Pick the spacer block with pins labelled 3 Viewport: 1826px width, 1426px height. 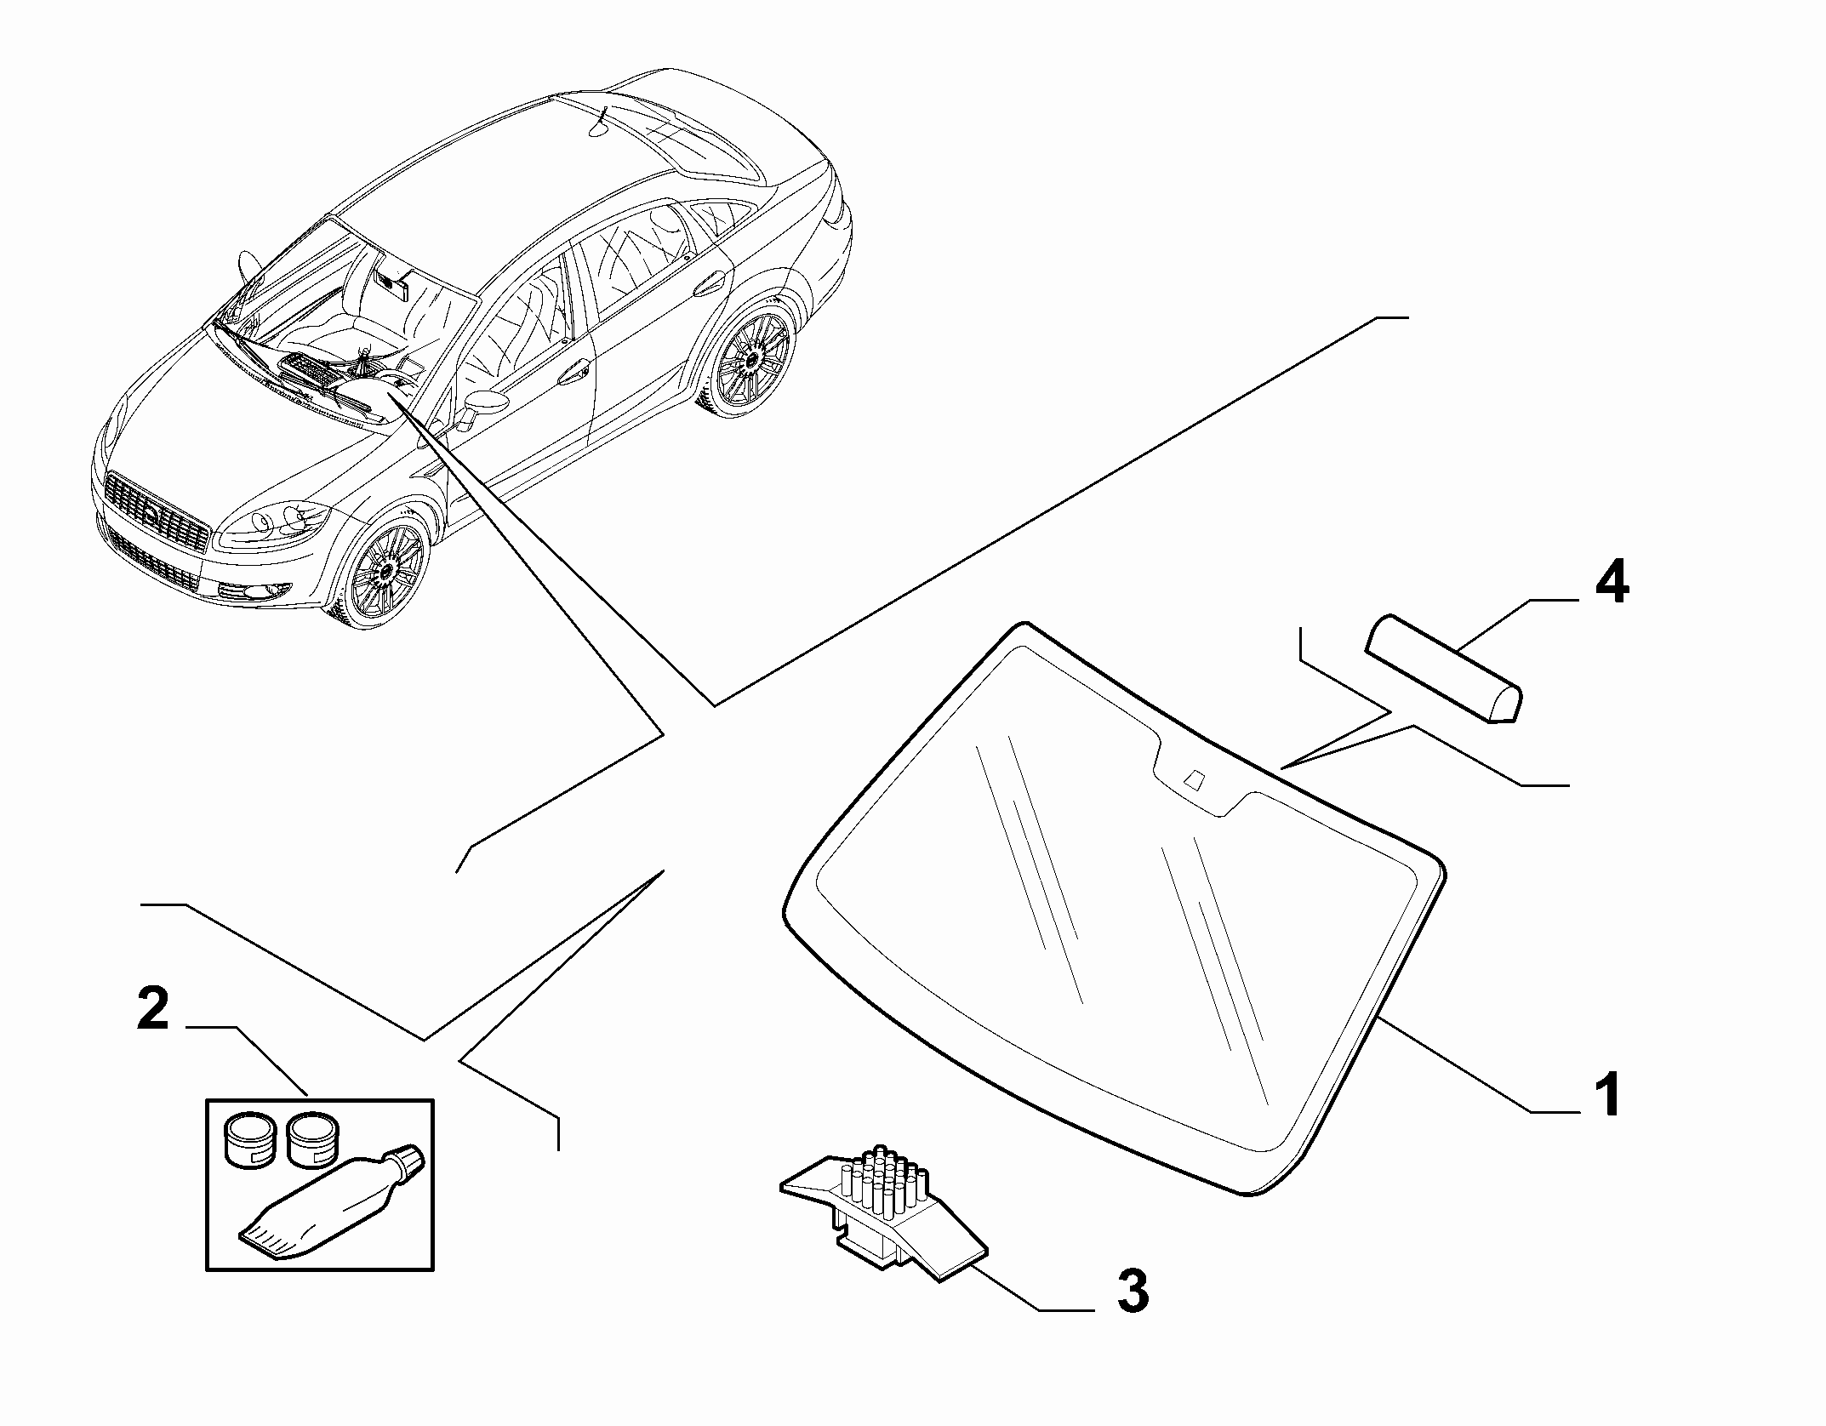point(883,1214)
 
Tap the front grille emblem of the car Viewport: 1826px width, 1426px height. point(150,514)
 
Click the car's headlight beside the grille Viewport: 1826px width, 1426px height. point(273,521)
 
